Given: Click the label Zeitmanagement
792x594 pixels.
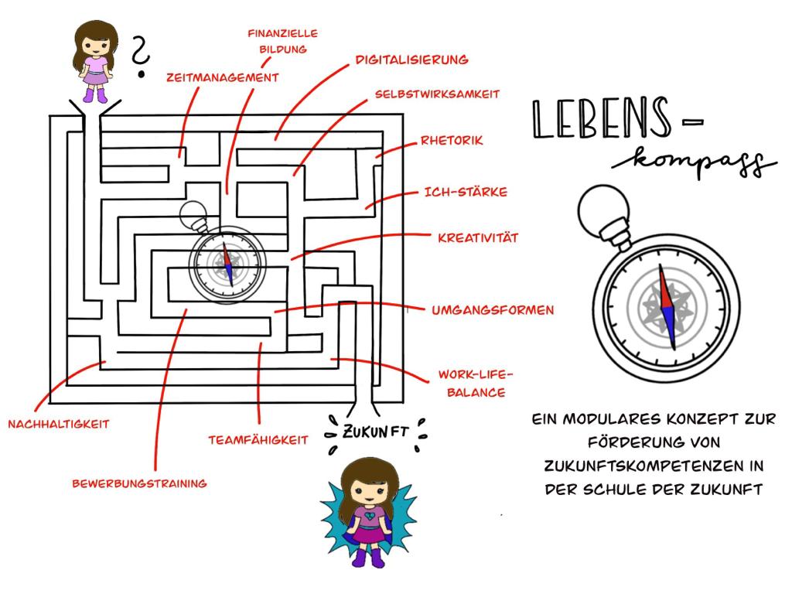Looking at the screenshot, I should pyautogui.click(x=222, y=77).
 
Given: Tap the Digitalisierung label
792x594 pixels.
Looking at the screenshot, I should pyautogui.click(x=411, y=59).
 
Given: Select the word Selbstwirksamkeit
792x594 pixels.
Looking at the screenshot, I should pyautogui.click(x=437, y=94).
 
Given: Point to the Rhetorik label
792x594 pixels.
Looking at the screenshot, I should pyautogui.click(x=452, y=141).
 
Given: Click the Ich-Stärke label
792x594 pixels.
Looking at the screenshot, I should pyautogui.click(x=466, y=191).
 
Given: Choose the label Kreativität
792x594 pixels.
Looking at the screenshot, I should pyautogui.click(x=477, y=237).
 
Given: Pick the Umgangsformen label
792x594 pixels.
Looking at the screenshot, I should pyautogui.click(x=492, y=310).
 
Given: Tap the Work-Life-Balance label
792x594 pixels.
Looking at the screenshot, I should pyautogui.click(x=471, y=383).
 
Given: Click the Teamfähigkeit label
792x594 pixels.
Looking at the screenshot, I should pyautogui.click(x=258, y=440).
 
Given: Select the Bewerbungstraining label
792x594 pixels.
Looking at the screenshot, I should pyautogui.click(x=139, y=484).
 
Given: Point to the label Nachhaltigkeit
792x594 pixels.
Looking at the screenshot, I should pyautogui.click(x=59, y=424).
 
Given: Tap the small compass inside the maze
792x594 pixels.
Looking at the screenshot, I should pyautogui.click(x=227, y=263).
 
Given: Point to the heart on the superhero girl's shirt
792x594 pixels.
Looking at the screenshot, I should pyautogui.click(x=364, y=511).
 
